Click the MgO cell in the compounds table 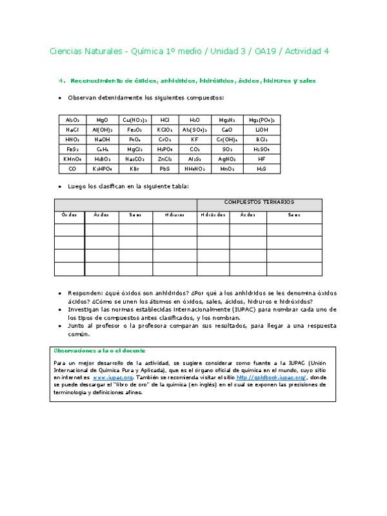102,120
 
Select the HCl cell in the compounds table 164,120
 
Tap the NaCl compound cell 72,130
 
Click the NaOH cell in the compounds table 102,139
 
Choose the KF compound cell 195,139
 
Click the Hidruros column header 174,215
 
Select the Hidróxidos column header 212,215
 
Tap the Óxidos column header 69,215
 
